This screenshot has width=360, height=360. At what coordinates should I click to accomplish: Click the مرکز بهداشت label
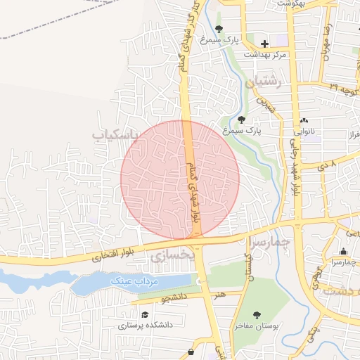click(x=264, y=55)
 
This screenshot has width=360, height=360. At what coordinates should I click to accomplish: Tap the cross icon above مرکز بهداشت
click(x=264, y=44)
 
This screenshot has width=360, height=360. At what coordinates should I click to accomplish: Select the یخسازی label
click(x=171, y=256)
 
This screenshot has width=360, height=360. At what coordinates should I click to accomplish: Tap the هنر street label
click(x=221, y=294)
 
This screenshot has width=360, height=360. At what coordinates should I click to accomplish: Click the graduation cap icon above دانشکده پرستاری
click(x=145, y=314)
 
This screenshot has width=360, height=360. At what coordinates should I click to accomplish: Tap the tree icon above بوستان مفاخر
click(x=256, y=315)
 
